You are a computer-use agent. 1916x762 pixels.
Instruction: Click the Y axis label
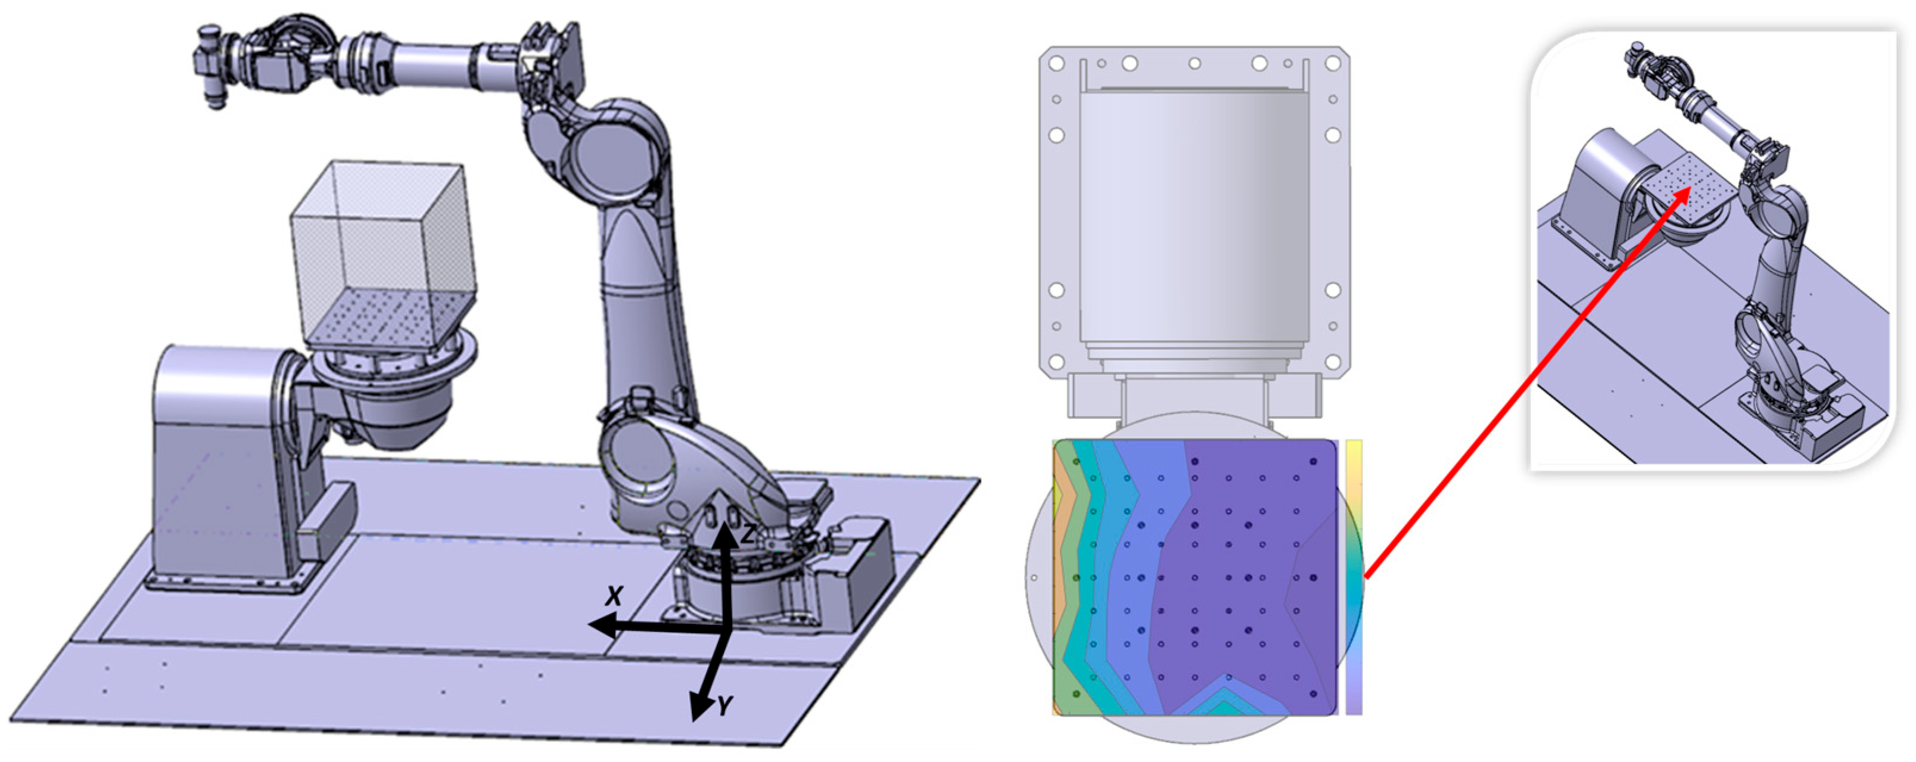[x=724, y=705]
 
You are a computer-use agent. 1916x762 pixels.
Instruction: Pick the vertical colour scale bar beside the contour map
[x=1354, y=577]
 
